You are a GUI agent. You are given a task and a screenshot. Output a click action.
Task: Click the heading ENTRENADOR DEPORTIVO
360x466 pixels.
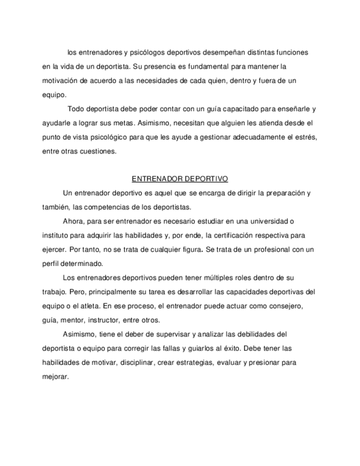coord(180,179)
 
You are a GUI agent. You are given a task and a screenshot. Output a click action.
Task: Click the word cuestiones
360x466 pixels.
coord(98,150)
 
